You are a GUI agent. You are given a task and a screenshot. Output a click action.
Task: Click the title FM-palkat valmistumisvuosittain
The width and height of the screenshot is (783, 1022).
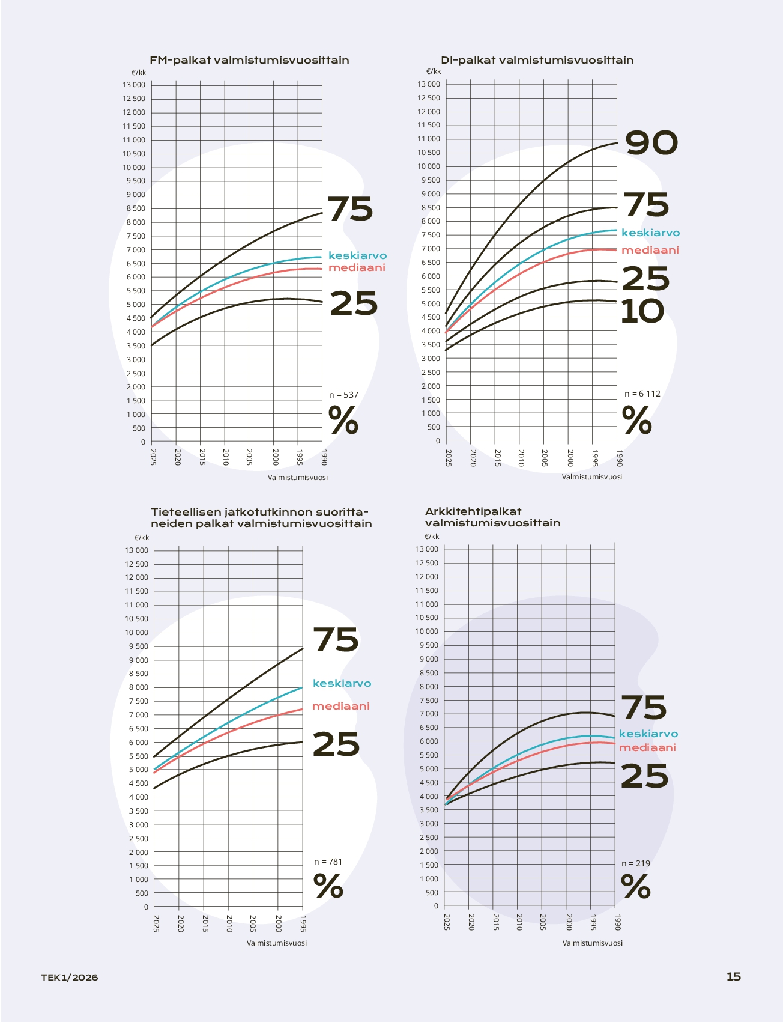249,60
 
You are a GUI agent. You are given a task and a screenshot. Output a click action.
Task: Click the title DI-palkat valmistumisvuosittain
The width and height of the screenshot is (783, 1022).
537,60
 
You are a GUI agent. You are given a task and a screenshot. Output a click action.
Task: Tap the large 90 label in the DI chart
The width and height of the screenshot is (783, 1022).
651,143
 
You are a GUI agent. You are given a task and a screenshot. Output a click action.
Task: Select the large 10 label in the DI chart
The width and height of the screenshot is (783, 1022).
642,311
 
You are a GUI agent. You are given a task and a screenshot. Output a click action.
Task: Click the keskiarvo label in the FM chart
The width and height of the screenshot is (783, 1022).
357,255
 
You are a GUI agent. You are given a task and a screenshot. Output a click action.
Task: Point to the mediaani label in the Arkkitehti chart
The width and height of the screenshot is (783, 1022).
647,747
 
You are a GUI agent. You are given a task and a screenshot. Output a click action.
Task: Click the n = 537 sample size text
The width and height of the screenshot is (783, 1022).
343,395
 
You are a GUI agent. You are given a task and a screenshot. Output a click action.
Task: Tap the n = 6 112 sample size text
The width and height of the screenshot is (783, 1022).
642,394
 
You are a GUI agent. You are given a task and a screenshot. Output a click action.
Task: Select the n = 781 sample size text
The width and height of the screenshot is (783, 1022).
328,862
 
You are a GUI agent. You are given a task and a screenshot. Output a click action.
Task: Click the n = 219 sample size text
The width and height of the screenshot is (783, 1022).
635,863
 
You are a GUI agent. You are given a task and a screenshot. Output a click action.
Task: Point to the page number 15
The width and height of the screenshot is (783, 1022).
733,976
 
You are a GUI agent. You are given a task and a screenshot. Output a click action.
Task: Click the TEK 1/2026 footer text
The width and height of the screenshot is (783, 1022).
70,977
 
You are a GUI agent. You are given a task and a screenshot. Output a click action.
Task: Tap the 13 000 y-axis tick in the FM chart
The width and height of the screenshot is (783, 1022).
134,85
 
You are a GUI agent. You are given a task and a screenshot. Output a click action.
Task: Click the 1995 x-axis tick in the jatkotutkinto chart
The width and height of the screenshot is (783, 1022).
303,923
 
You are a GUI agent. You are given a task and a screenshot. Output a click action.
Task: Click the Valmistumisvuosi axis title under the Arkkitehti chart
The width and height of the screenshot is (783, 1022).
592,943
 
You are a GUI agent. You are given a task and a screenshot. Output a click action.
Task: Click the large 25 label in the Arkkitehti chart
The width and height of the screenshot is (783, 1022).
644,776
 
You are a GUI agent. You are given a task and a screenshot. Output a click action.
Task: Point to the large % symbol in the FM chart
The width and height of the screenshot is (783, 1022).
343,420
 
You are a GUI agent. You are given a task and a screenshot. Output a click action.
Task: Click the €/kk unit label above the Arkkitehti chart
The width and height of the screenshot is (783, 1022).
432,537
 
